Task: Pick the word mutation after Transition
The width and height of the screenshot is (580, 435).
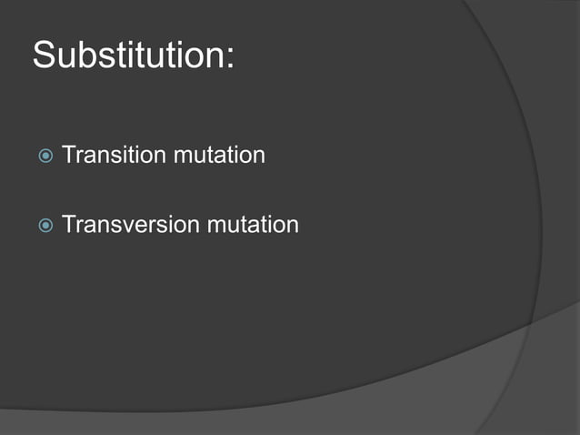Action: pos(219,156)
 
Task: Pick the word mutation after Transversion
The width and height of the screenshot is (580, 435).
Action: pos(253,224)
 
